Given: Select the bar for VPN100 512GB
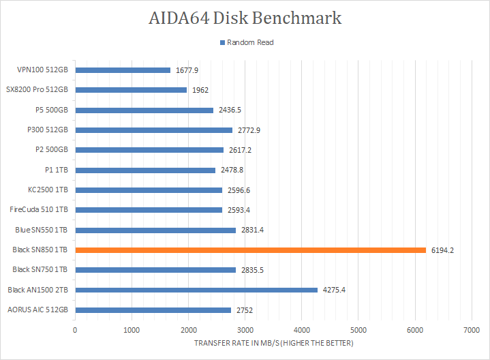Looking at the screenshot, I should tap(123, 70).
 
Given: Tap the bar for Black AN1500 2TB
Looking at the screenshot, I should tap(196, 290).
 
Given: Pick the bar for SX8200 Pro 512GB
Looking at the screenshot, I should tap(131, 90).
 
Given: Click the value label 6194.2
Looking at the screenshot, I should tap(442, 250).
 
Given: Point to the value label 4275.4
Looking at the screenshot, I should tap(334, 290).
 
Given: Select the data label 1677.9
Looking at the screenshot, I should tap(187, 70).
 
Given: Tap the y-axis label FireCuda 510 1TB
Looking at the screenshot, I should tap(40, 210).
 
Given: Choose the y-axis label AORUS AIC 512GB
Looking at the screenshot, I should tap(38, 310).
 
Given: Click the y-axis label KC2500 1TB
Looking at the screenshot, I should tap(47, 190).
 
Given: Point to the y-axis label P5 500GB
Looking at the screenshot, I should tap(52, 110).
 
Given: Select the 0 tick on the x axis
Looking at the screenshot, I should tap(75, 329).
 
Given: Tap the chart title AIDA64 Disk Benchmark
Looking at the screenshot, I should tap(245, 18).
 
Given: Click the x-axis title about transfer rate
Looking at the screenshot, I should tap(273, 342).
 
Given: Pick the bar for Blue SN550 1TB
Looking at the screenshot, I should tap(155, 230).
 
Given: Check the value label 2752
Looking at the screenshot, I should tap(245, 310).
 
